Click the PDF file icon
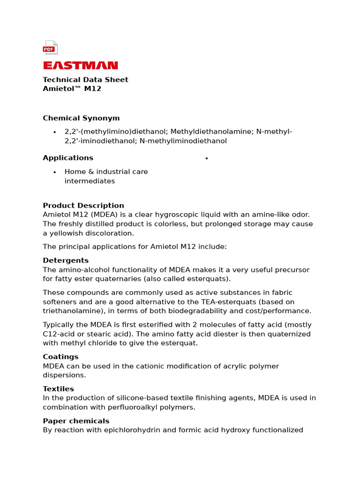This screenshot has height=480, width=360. tap(50, 47)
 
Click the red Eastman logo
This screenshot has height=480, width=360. tap(80, 66)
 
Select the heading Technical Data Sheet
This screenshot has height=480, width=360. tap(85, 80)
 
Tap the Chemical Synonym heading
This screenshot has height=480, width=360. tap(81, 118)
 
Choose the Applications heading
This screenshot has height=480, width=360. tap(68, 158)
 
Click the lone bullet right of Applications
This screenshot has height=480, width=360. tap(206, 158)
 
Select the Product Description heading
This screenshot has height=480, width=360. tap(83, 205)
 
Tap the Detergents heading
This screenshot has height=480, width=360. tap(66, 260)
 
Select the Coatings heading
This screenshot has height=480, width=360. tap(60, 357)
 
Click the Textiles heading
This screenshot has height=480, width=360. tap(58, 389)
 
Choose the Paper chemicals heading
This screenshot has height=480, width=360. tap(76, 421)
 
